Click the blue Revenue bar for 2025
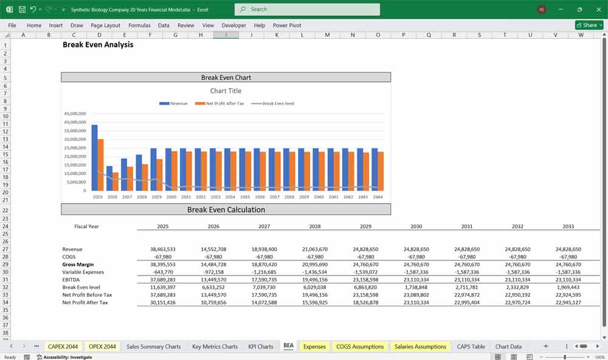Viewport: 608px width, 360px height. click(94, 158)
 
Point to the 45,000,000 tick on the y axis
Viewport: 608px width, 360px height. click(75, 113)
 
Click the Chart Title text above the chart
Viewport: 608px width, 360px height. click(226, 91)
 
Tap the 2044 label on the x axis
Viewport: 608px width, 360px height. click(378, 197)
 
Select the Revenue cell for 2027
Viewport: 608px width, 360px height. click(264, 249)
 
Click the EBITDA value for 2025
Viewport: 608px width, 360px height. click(162, 280)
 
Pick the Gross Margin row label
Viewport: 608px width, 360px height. click(78, 265)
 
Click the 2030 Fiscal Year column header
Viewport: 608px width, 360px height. click(416, 226)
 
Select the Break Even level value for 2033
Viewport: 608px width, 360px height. click(568, 287)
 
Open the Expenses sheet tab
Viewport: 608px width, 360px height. click(314, 347)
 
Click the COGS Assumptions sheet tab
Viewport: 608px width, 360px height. click(360, 347)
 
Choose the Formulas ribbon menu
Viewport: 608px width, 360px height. click(139, 26)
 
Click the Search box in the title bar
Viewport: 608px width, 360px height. click(307, 9)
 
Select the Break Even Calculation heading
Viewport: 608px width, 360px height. click(226, 210)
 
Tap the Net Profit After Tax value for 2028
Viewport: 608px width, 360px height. click(315, 302)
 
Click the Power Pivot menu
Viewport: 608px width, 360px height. click(287, 26)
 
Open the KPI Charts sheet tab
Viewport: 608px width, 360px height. click(260, 347)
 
